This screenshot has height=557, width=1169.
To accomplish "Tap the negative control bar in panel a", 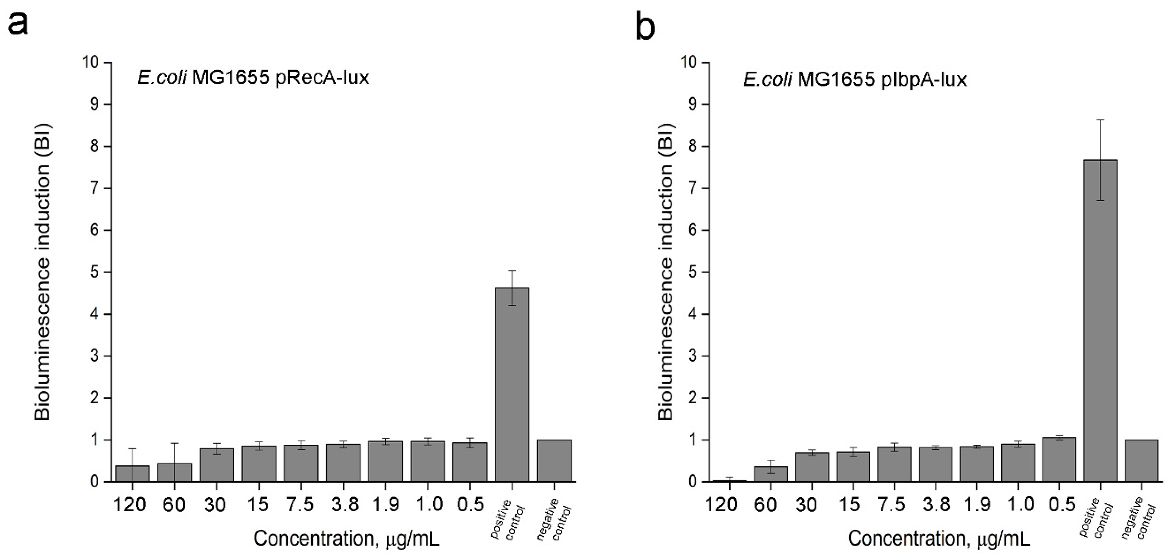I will click(554, 460).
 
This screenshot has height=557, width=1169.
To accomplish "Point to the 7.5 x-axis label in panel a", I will click(301, 505).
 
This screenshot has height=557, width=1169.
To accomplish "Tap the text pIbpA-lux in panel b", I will click(923, 80).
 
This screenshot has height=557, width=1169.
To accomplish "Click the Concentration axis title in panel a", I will click(346, 539).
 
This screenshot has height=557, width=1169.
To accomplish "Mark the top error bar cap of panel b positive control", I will click(1100, 120).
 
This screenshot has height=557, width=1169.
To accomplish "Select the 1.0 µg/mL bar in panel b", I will click(1018, 463).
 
